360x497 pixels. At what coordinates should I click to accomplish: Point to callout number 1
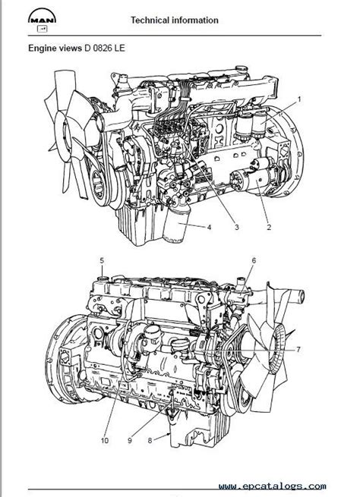[300, 99]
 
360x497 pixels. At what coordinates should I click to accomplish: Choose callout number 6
[254, 260]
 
